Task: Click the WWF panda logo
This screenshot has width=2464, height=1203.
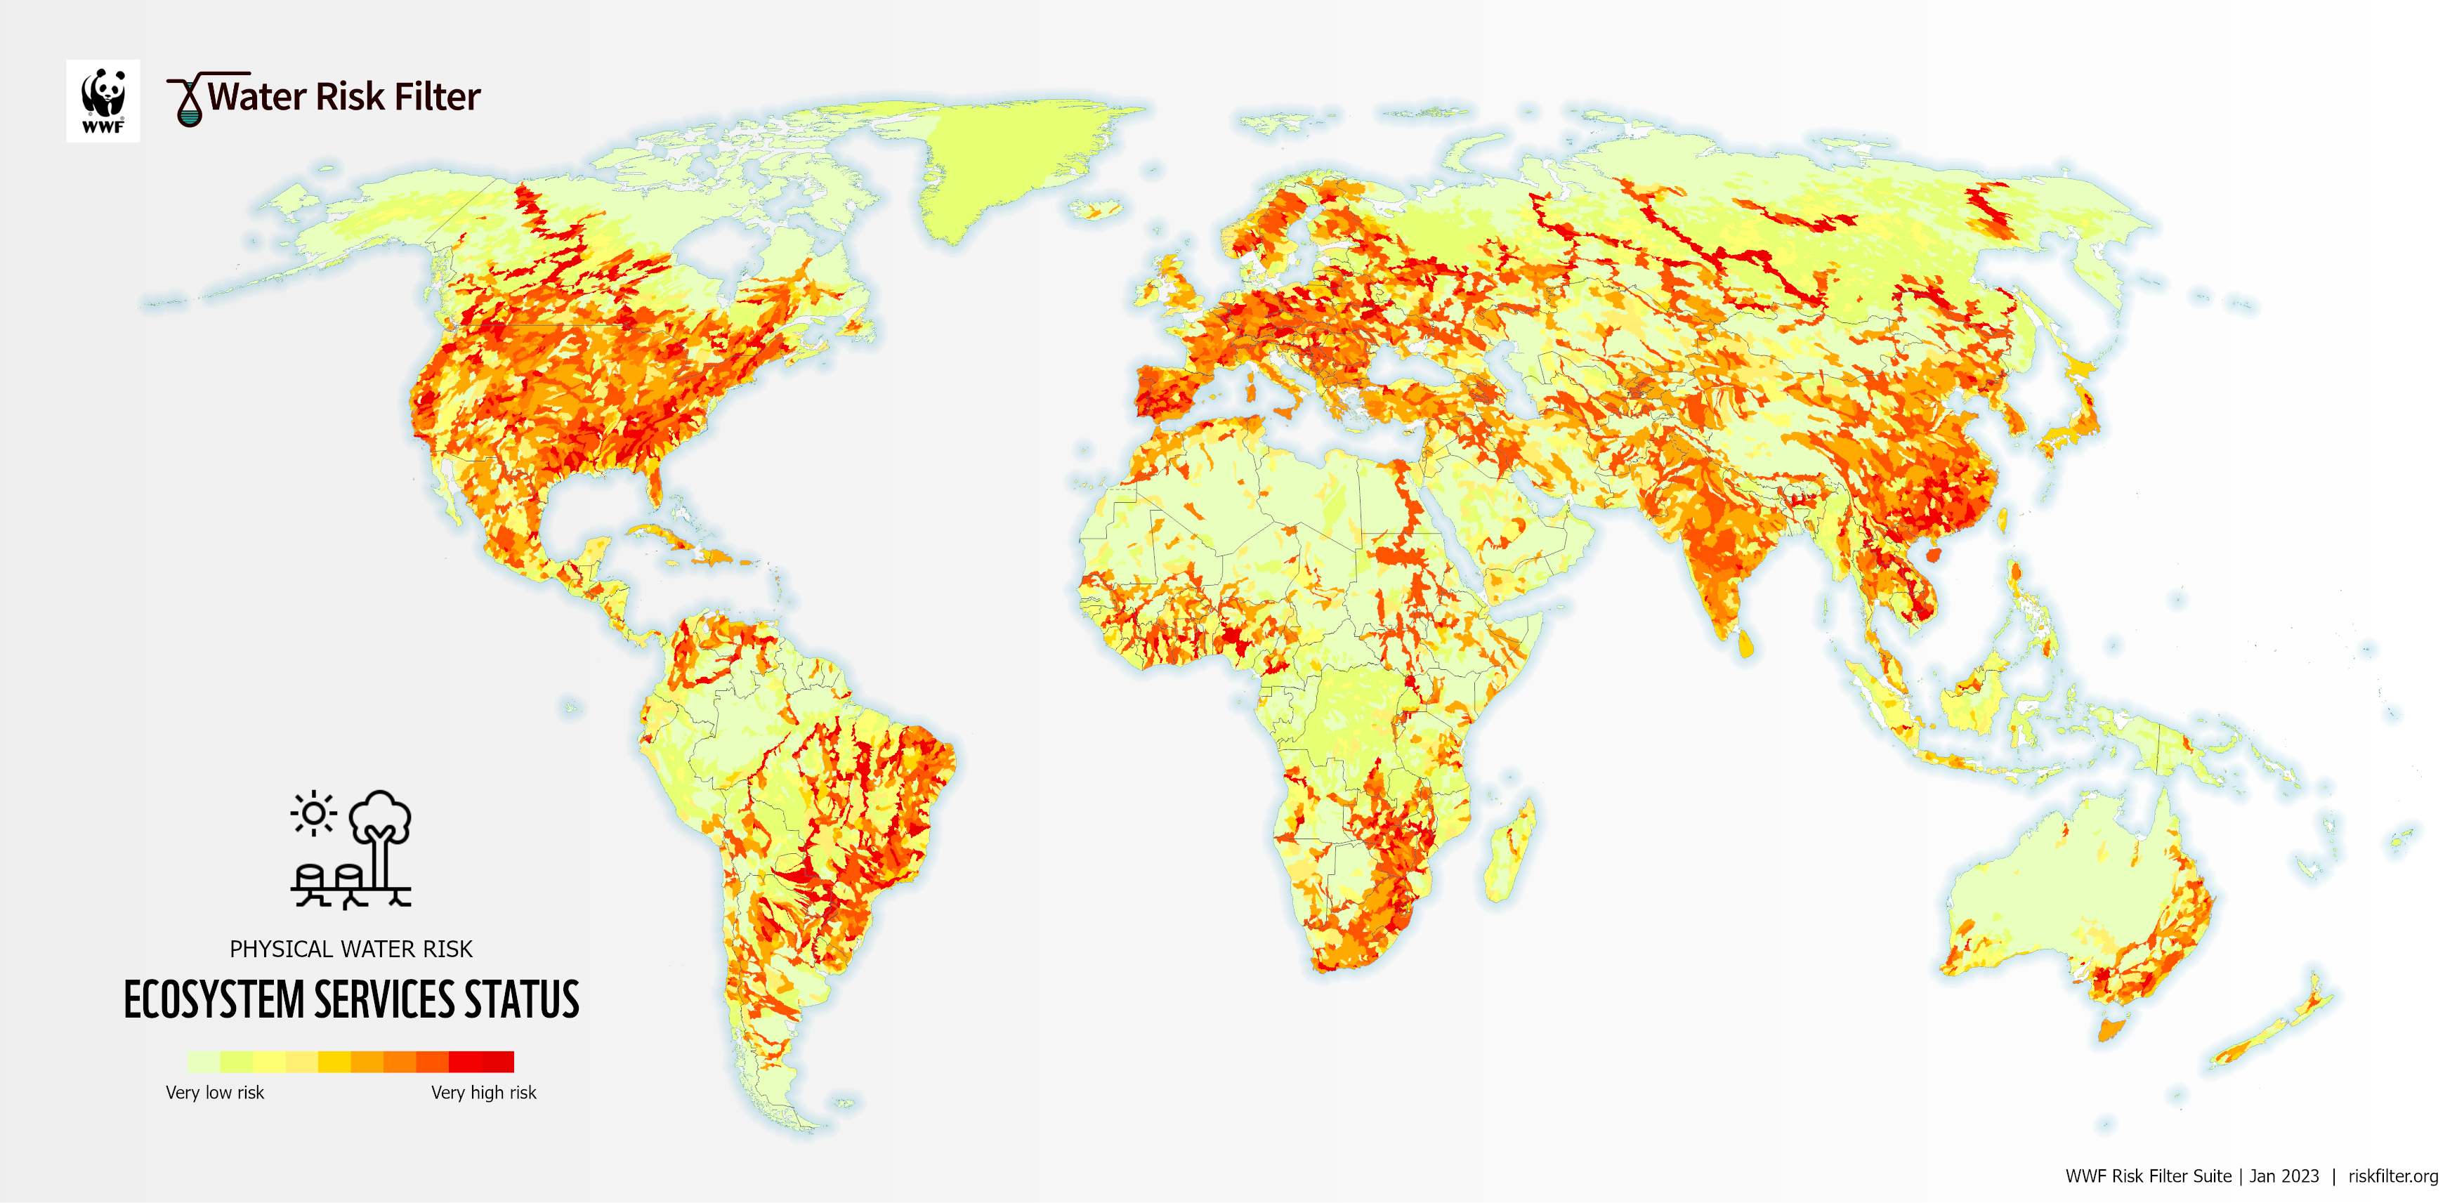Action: click(103, 100)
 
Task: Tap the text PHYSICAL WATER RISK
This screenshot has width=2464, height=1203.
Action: click(351, 949)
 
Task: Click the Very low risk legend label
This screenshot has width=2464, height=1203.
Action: click(214, 1092)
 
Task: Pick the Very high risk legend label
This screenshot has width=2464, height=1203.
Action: click(483, 1092)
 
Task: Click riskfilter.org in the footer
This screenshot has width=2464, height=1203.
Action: click(2392, 1176)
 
